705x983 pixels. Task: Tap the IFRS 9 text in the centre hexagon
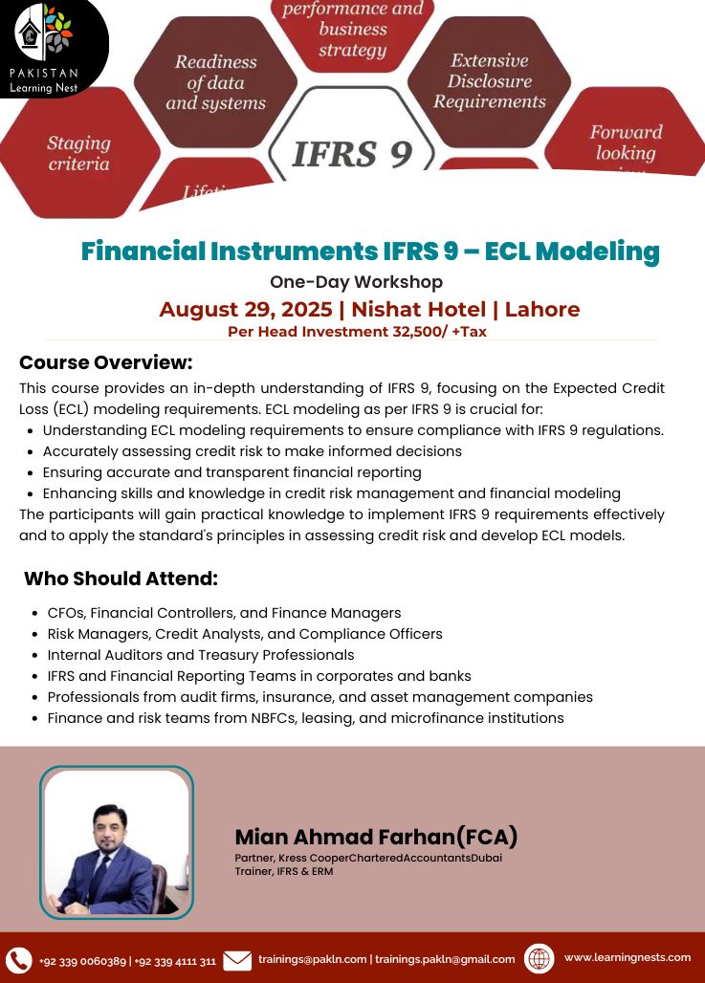coord(352,152)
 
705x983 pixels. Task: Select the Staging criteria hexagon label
coord(78,153)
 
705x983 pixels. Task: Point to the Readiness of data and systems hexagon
coord(215,82)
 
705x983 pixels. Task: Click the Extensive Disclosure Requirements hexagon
coord(489,81)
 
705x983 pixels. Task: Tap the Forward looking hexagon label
coord(626,143)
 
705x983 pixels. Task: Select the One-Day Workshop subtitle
coord(356,282)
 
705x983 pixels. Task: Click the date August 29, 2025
coord(247,309)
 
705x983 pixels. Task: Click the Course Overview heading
coord(106,362)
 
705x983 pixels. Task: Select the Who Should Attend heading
coord(121,579)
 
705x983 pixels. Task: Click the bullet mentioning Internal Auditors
coord(201,655)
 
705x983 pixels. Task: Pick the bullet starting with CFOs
coord(224,613)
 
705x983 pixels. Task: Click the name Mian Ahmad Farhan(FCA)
coord(376,837)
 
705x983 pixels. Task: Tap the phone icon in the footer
coord(18,960)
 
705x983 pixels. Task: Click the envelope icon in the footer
coord(237,960)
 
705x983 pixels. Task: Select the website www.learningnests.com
coord(627,957)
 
